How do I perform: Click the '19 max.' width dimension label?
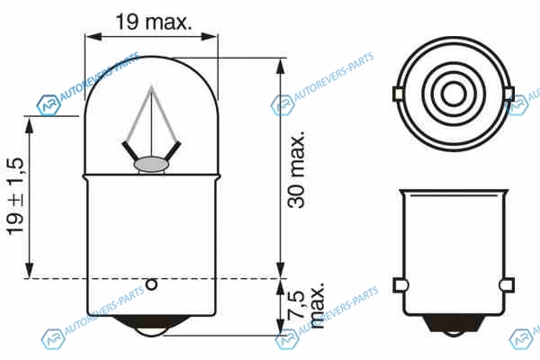pos(153,22)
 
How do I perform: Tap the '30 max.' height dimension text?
pos(296,169)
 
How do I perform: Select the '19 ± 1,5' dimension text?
pos(15,197)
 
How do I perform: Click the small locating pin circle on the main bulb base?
pos(151,284)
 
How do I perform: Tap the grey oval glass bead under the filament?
pos(151,165)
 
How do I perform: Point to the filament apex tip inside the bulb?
pos(151,86)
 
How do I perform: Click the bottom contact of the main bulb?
pos(151,326)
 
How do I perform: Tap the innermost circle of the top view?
pos(454,94)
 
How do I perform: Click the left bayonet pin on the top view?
pos(398,94)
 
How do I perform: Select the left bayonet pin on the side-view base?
pos(400,285)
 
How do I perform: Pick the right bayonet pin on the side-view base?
pos(507,285)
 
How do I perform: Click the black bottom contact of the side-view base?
pos(454,325)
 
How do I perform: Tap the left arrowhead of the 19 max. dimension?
pos(94,37)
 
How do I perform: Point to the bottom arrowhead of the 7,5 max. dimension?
pos(281,326)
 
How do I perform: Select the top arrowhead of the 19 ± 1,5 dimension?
pos(30,124)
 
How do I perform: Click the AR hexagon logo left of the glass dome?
pos(49,105)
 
